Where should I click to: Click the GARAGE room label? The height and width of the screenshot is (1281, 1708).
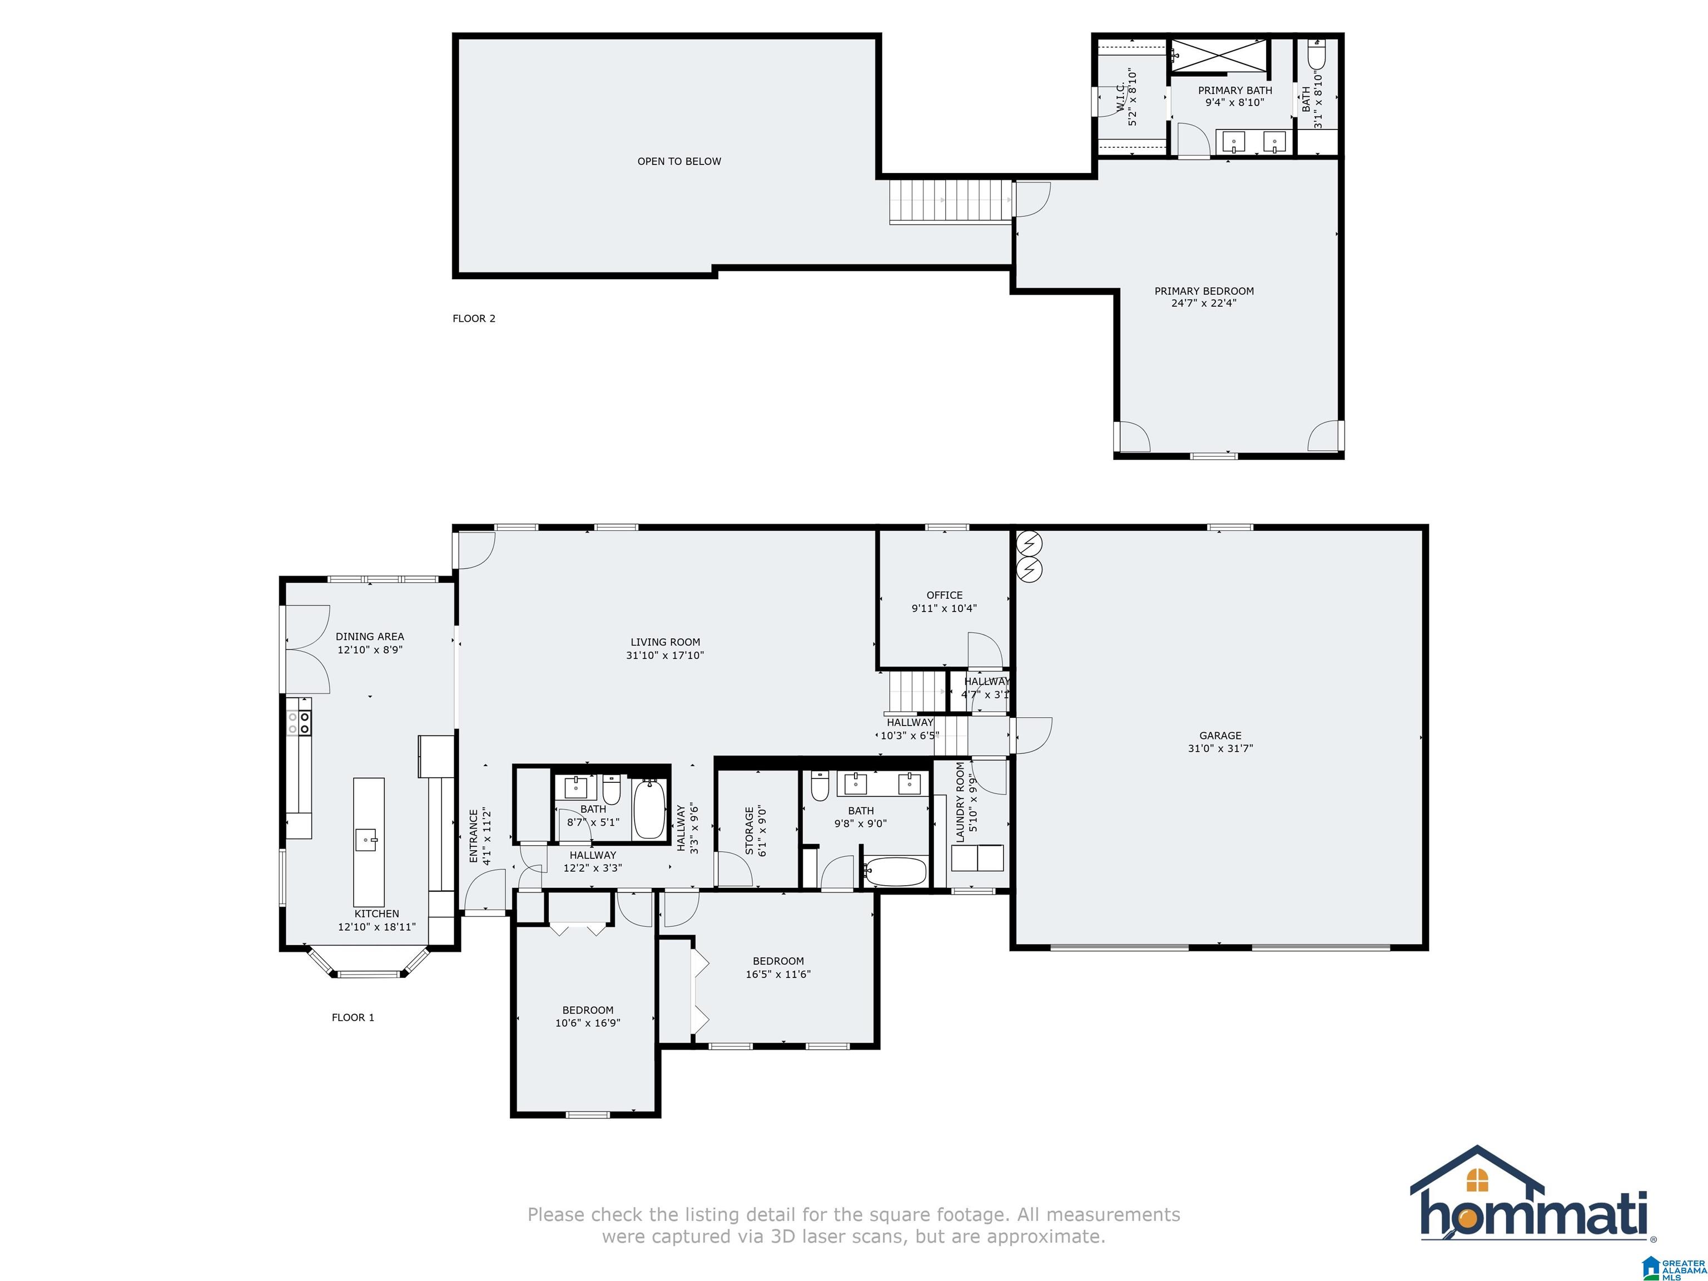(1220, 735)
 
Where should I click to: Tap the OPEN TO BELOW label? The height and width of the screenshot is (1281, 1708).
(679, 161)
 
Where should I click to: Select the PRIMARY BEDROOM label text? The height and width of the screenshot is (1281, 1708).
(1204, 291)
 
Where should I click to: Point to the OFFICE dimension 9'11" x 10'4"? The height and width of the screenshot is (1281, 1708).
(944, 608)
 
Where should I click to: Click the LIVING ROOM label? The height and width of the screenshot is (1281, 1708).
(665, 642)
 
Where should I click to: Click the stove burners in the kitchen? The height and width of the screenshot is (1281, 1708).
(299, 723)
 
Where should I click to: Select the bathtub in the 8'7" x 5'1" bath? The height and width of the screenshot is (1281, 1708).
(649, 809)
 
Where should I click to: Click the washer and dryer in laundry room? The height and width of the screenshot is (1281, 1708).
(977, 858)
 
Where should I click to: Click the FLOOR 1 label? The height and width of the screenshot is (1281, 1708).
(353, 1017)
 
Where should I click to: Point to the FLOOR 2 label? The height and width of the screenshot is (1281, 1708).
(473, 318)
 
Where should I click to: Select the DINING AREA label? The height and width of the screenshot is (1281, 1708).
(369, 636)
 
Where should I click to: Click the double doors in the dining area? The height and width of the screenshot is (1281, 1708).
(307, 649)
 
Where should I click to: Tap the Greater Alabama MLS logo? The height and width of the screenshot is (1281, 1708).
(1674, 1267)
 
